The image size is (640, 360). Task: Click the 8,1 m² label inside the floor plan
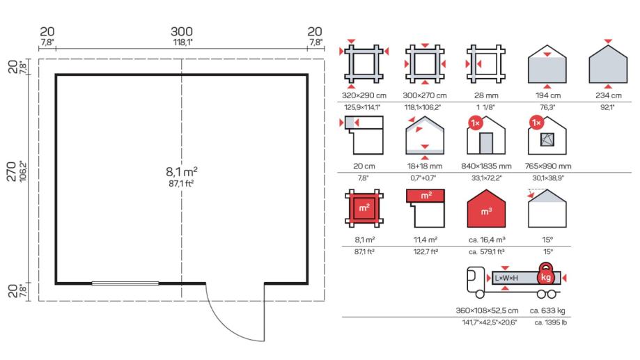[182, 171]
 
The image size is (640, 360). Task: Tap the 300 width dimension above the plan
[182, 31]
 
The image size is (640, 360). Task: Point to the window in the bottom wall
[125, 283]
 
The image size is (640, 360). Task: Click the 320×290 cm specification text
[364, 95]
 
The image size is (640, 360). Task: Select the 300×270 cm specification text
[425, 95]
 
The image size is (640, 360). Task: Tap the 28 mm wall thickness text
[486, 95]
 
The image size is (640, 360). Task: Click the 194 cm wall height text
[548, 95]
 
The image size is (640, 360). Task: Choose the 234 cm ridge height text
[608, 95]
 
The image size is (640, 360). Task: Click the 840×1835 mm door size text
[486, 166]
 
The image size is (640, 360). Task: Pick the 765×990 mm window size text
[548, 166]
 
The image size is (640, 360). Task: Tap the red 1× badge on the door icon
[476, 123]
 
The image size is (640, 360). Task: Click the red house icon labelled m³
[486, 209]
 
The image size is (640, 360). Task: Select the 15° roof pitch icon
[547, 208]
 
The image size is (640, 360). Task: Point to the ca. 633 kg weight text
[547, 311]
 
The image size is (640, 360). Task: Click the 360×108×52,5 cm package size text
[487, 311]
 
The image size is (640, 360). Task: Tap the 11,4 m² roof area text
[426, 240]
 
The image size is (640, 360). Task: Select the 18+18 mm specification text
[425, 166]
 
